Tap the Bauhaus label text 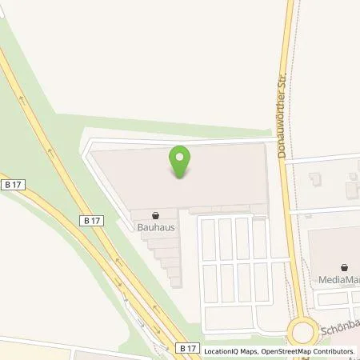[x=155, y=226]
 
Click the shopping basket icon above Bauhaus [x=155, y=214]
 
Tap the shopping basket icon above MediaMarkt [x=345, y=267]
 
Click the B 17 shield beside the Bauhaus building [x=90, y=219]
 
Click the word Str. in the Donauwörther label [x=282, y=80]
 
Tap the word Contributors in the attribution [x=334, y=351]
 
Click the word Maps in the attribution [x=246, y=351]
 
